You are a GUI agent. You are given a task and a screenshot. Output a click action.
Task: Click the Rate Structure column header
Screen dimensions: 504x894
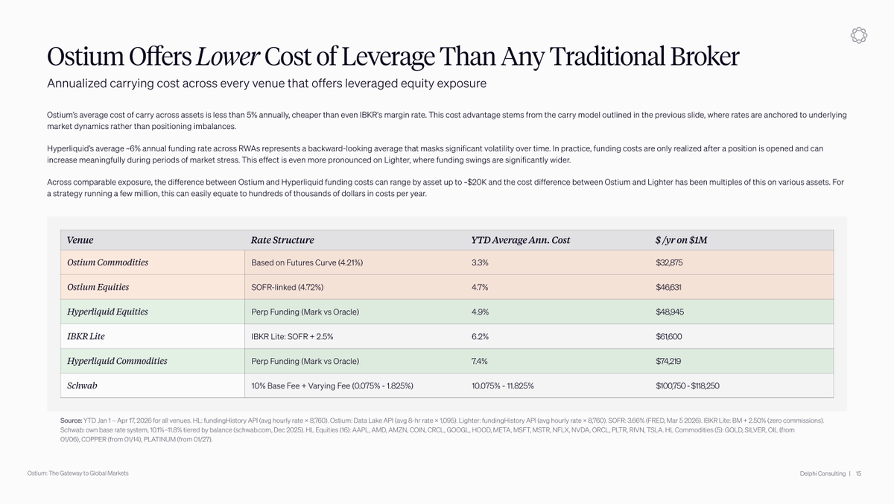(282, 240)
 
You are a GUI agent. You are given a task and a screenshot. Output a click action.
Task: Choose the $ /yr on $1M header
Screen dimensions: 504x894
(681, 240)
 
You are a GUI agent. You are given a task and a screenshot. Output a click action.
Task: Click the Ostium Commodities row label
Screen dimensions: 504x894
(107, 262)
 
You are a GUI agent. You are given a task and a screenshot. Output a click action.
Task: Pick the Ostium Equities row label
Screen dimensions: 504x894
(98, 287)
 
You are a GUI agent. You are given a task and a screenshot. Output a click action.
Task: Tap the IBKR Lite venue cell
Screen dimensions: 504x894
(86, 336)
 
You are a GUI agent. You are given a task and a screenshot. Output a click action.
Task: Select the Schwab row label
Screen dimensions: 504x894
(82, 385)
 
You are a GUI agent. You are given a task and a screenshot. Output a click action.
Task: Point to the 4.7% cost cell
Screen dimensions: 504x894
(481, 287)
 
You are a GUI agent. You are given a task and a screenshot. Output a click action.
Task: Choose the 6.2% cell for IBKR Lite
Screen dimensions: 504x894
(481, 336)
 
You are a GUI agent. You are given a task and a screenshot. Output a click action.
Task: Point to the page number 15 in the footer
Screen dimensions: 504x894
(858, 473)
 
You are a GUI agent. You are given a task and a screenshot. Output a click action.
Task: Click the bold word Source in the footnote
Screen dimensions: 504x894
(71, 420)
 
